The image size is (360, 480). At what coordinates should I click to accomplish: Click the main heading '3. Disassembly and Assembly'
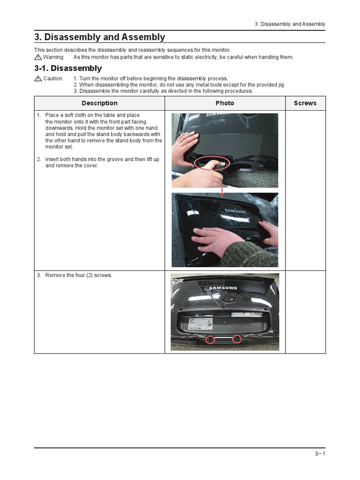99,37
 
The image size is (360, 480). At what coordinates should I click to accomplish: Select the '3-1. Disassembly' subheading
68,68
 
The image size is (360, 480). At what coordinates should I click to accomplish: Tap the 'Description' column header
99,103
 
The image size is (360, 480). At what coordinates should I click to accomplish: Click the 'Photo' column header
225,103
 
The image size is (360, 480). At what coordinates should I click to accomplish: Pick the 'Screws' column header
305,103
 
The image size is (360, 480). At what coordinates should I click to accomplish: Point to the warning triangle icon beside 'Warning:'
38,57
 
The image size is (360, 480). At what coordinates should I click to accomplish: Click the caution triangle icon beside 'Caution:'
38,79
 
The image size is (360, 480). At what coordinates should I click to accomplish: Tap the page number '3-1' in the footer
320,454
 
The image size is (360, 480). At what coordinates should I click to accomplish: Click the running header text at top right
290,24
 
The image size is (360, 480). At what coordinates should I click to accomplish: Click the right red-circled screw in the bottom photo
237,339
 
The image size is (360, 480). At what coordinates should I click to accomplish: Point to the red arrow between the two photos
222,188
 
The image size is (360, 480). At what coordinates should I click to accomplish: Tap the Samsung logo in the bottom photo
223,288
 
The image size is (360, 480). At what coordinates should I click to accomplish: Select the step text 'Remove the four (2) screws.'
78,275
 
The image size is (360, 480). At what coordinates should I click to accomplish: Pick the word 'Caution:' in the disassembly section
53,79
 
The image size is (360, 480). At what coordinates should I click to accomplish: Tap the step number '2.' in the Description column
39,159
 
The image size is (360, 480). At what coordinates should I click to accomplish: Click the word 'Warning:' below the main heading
53,57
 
